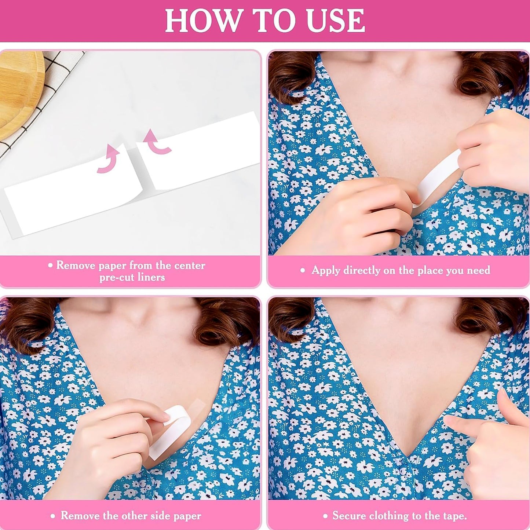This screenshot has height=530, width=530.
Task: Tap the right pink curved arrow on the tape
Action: coord(157,142)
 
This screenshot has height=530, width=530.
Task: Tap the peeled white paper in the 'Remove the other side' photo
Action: coord(165,435)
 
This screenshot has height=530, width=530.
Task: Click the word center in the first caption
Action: coord(189,265)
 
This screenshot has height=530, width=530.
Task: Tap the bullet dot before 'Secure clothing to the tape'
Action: coord(325,516)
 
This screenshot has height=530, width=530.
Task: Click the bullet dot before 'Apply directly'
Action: coord(303,271)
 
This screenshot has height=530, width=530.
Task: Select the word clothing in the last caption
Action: coord(389,516)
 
